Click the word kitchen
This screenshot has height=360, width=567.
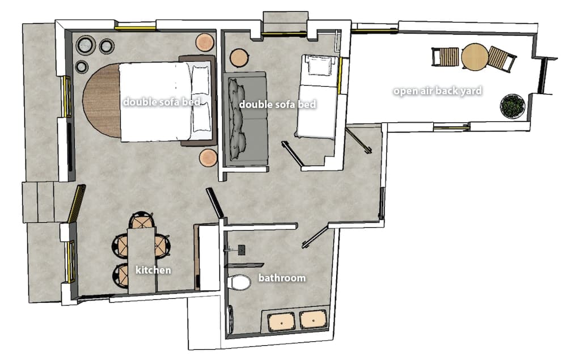[153, 270]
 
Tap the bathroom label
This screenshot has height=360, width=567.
[282, 278]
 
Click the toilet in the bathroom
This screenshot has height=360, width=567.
[239, 282]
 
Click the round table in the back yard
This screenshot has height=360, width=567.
[475, 57]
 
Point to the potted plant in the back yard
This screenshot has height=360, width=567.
[513, 106]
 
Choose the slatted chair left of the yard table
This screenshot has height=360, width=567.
[445, 57]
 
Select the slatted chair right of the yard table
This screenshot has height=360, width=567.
[502, 58]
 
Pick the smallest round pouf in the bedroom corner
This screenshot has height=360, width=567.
[82, 66]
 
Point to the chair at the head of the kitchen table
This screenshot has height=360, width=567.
[141, 220]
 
